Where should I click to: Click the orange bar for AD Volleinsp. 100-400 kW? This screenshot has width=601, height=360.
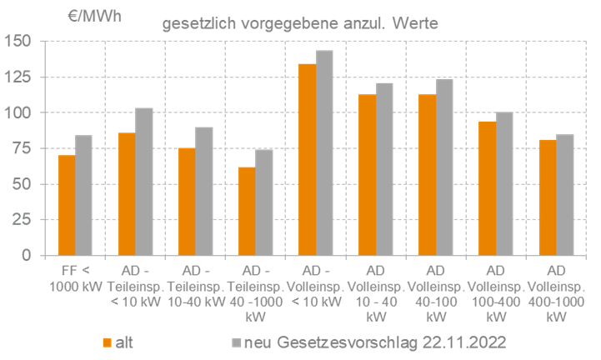point(487,187)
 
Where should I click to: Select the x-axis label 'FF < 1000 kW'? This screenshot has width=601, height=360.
point(75,277)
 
